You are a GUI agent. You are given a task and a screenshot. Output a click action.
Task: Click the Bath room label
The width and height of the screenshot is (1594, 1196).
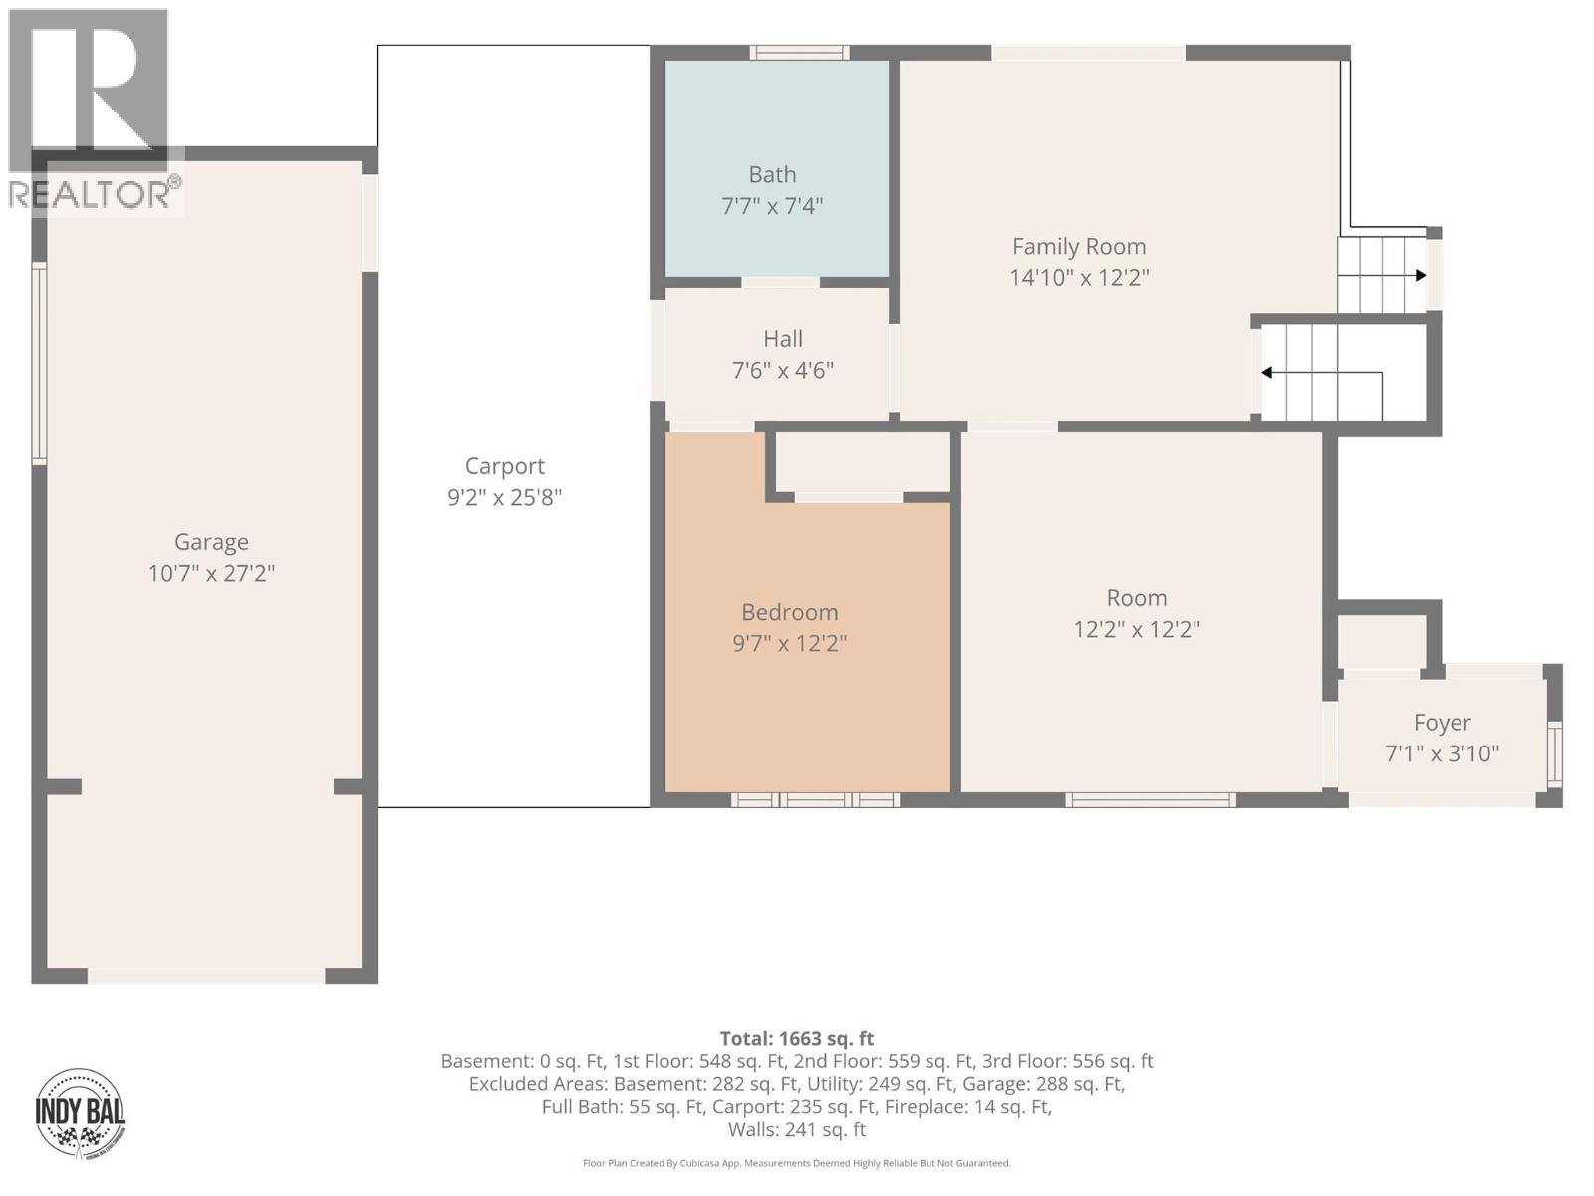[x=772, y=175]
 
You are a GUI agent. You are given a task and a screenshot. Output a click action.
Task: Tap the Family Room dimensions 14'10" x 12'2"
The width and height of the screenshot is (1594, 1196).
[x=1079, y=278]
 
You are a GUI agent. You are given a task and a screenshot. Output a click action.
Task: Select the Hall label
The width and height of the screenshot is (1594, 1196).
[x=783, y=339]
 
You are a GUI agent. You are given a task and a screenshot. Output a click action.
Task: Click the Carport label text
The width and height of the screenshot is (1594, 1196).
[x=505, y=466]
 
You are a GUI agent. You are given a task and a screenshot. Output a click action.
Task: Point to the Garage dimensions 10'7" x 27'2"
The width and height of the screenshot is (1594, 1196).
[x=211, y=574]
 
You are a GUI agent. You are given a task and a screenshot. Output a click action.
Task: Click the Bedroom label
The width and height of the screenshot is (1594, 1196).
[x=789, y=612]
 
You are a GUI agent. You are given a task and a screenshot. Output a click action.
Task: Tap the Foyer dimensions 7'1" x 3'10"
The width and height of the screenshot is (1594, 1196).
[x=1442, y=753]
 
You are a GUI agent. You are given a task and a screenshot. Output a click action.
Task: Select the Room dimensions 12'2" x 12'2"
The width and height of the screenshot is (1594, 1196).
[x=1137, y=630]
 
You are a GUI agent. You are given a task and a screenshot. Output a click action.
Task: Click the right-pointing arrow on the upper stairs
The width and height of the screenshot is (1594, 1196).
[x=1418, y=276]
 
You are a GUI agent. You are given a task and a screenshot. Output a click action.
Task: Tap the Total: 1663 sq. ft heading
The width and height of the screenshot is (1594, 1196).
[x=797, y=1038]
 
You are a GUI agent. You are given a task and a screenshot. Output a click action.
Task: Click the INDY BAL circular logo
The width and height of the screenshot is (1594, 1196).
[x=80, y=1112]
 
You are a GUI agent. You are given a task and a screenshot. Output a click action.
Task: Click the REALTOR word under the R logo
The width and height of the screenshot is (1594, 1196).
[x=90, y=194]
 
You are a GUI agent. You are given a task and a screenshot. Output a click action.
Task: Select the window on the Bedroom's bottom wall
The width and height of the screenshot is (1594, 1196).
[x=815, y=799]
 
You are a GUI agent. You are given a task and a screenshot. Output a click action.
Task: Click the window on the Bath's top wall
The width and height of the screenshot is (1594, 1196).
[x=799, y=53]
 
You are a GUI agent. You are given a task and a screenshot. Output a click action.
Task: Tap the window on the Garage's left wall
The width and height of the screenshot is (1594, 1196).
[x=39, y=363]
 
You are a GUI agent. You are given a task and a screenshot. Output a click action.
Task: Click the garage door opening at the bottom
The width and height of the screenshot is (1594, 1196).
[x=206, y=975]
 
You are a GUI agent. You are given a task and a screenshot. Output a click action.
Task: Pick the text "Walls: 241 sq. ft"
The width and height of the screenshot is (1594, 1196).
[x=797, y=1129]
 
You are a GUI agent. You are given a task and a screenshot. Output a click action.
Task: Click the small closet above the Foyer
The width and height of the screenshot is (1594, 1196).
[x=1381, y=642]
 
